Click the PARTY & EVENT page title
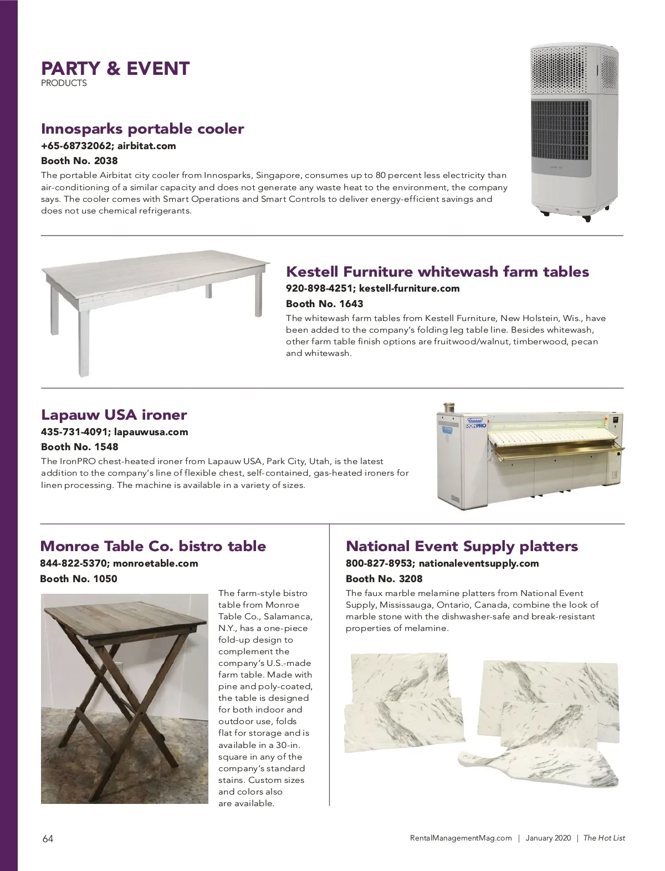coord(115,69)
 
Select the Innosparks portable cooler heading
coord(142,129)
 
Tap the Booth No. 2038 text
coord(79,161)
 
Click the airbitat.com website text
coord(146,146)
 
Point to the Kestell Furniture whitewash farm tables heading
coord(437,272)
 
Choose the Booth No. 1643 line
coord(324,303)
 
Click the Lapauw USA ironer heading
coord(114,415)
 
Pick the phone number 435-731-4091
coord(74,432)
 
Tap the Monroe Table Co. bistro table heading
coord(153,546)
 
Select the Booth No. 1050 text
coord(79,579)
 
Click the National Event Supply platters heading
coord(462,546)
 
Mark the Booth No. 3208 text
coord(384,579)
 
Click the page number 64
coord(48,838)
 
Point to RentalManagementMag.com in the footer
coord(461,838)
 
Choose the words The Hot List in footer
coord(604,838)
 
